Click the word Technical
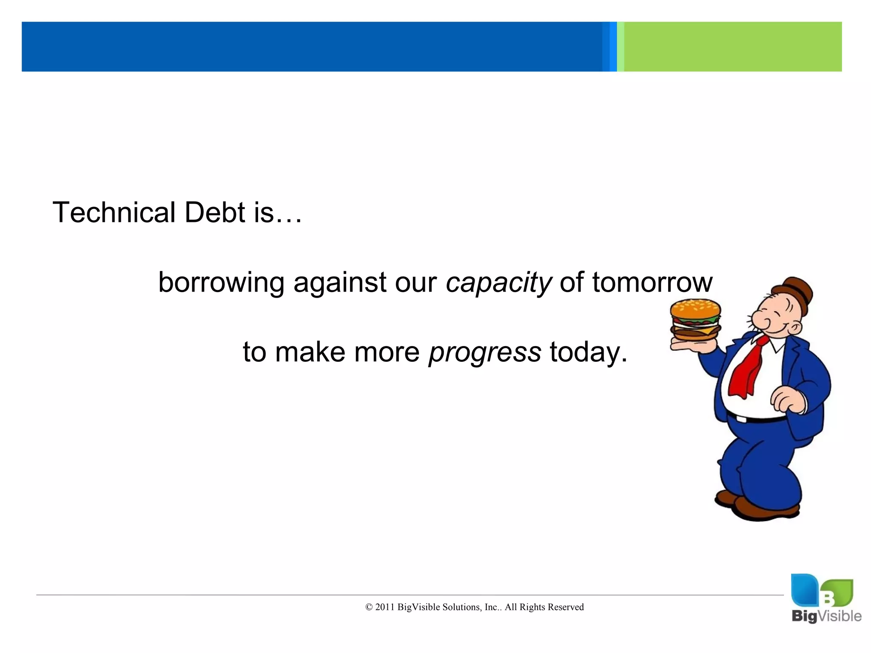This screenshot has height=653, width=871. [114, 212]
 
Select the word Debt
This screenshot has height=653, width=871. [215, 212]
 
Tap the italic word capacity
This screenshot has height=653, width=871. [498, 283]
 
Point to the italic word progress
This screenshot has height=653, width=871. [485, 352]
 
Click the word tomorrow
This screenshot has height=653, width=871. [652, 282]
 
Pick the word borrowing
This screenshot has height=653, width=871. [221, 283]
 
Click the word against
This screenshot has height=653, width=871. [340, 283]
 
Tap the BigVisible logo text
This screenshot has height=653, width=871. [826, 616]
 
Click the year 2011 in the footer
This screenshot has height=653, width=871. [385, 607]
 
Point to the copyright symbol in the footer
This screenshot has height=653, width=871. [369, 608]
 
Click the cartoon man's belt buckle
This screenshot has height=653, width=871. [741, 420]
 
